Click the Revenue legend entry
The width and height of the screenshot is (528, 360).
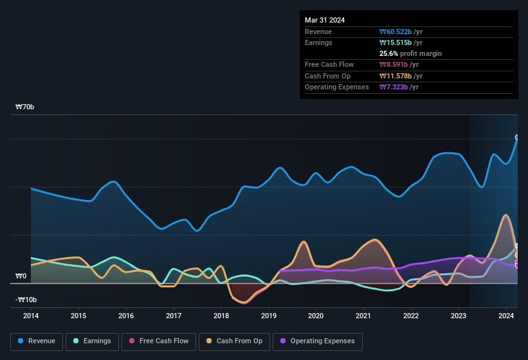click(x=37, y=341)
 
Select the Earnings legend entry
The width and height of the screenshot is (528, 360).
click(x=92, y=341)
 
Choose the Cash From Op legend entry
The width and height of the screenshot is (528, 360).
click(x=235, y=341)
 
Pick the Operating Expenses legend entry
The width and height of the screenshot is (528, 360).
click(x=318, y=341)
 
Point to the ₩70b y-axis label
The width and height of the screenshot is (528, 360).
click(x=25, y=107)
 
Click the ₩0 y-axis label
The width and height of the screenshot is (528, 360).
click(x=21, y=276)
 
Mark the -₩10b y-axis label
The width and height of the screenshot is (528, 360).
click(x=26, y=300)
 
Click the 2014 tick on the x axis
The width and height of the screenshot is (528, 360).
click(x=31, y=316)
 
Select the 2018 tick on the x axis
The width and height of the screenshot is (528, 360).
click(x=221, y=316)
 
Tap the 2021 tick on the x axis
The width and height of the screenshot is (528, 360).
click(x=363, y=316)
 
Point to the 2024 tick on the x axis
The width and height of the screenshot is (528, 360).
click(x=506, y=316)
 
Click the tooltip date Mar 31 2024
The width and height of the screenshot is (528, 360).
click(x=325, y=20)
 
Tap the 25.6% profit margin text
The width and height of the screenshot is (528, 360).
click(x=410, y=53)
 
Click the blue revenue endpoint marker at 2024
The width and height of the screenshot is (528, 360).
click(x=517, y=138)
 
